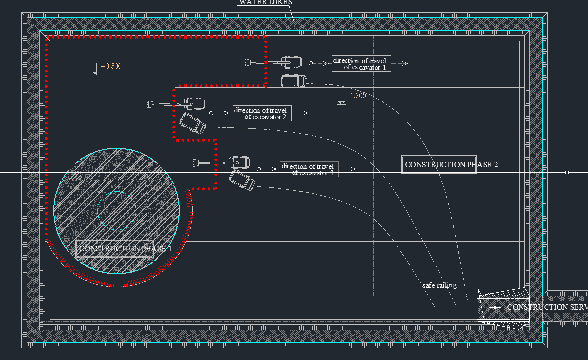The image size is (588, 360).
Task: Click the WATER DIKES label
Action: [265, 2]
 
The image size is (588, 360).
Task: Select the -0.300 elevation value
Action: [112, 66]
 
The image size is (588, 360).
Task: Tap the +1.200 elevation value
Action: [356, 96]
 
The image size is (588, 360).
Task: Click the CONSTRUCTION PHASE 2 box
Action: [439, 165]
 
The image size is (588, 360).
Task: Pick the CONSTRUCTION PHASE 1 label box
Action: [115, 249]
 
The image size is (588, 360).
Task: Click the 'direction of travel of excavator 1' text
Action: [362, 64]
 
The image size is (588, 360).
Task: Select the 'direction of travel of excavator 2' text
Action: [262, 113]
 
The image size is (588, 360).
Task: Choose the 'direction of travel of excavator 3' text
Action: [309, 169]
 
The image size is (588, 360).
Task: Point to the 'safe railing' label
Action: [440, 285]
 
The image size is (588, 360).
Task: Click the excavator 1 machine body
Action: [292, 63]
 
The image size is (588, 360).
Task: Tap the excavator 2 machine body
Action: [194, 104]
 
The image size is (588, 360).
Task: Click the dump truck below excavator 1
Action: [293, 81]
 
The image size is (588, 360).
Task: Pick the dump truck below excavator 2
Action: [193, 123]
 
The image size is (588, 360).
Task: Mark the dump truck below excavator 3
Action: [242, 180]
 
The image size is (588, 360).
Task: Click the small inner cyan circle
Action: [117, 210]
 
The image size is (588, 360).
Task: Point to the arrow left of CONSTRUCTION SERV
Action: [495, 307]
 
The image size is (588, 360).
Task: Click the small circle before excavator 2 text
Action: [211, 113]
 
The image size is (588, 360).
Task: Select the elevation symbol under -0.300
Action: [97, 72]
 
